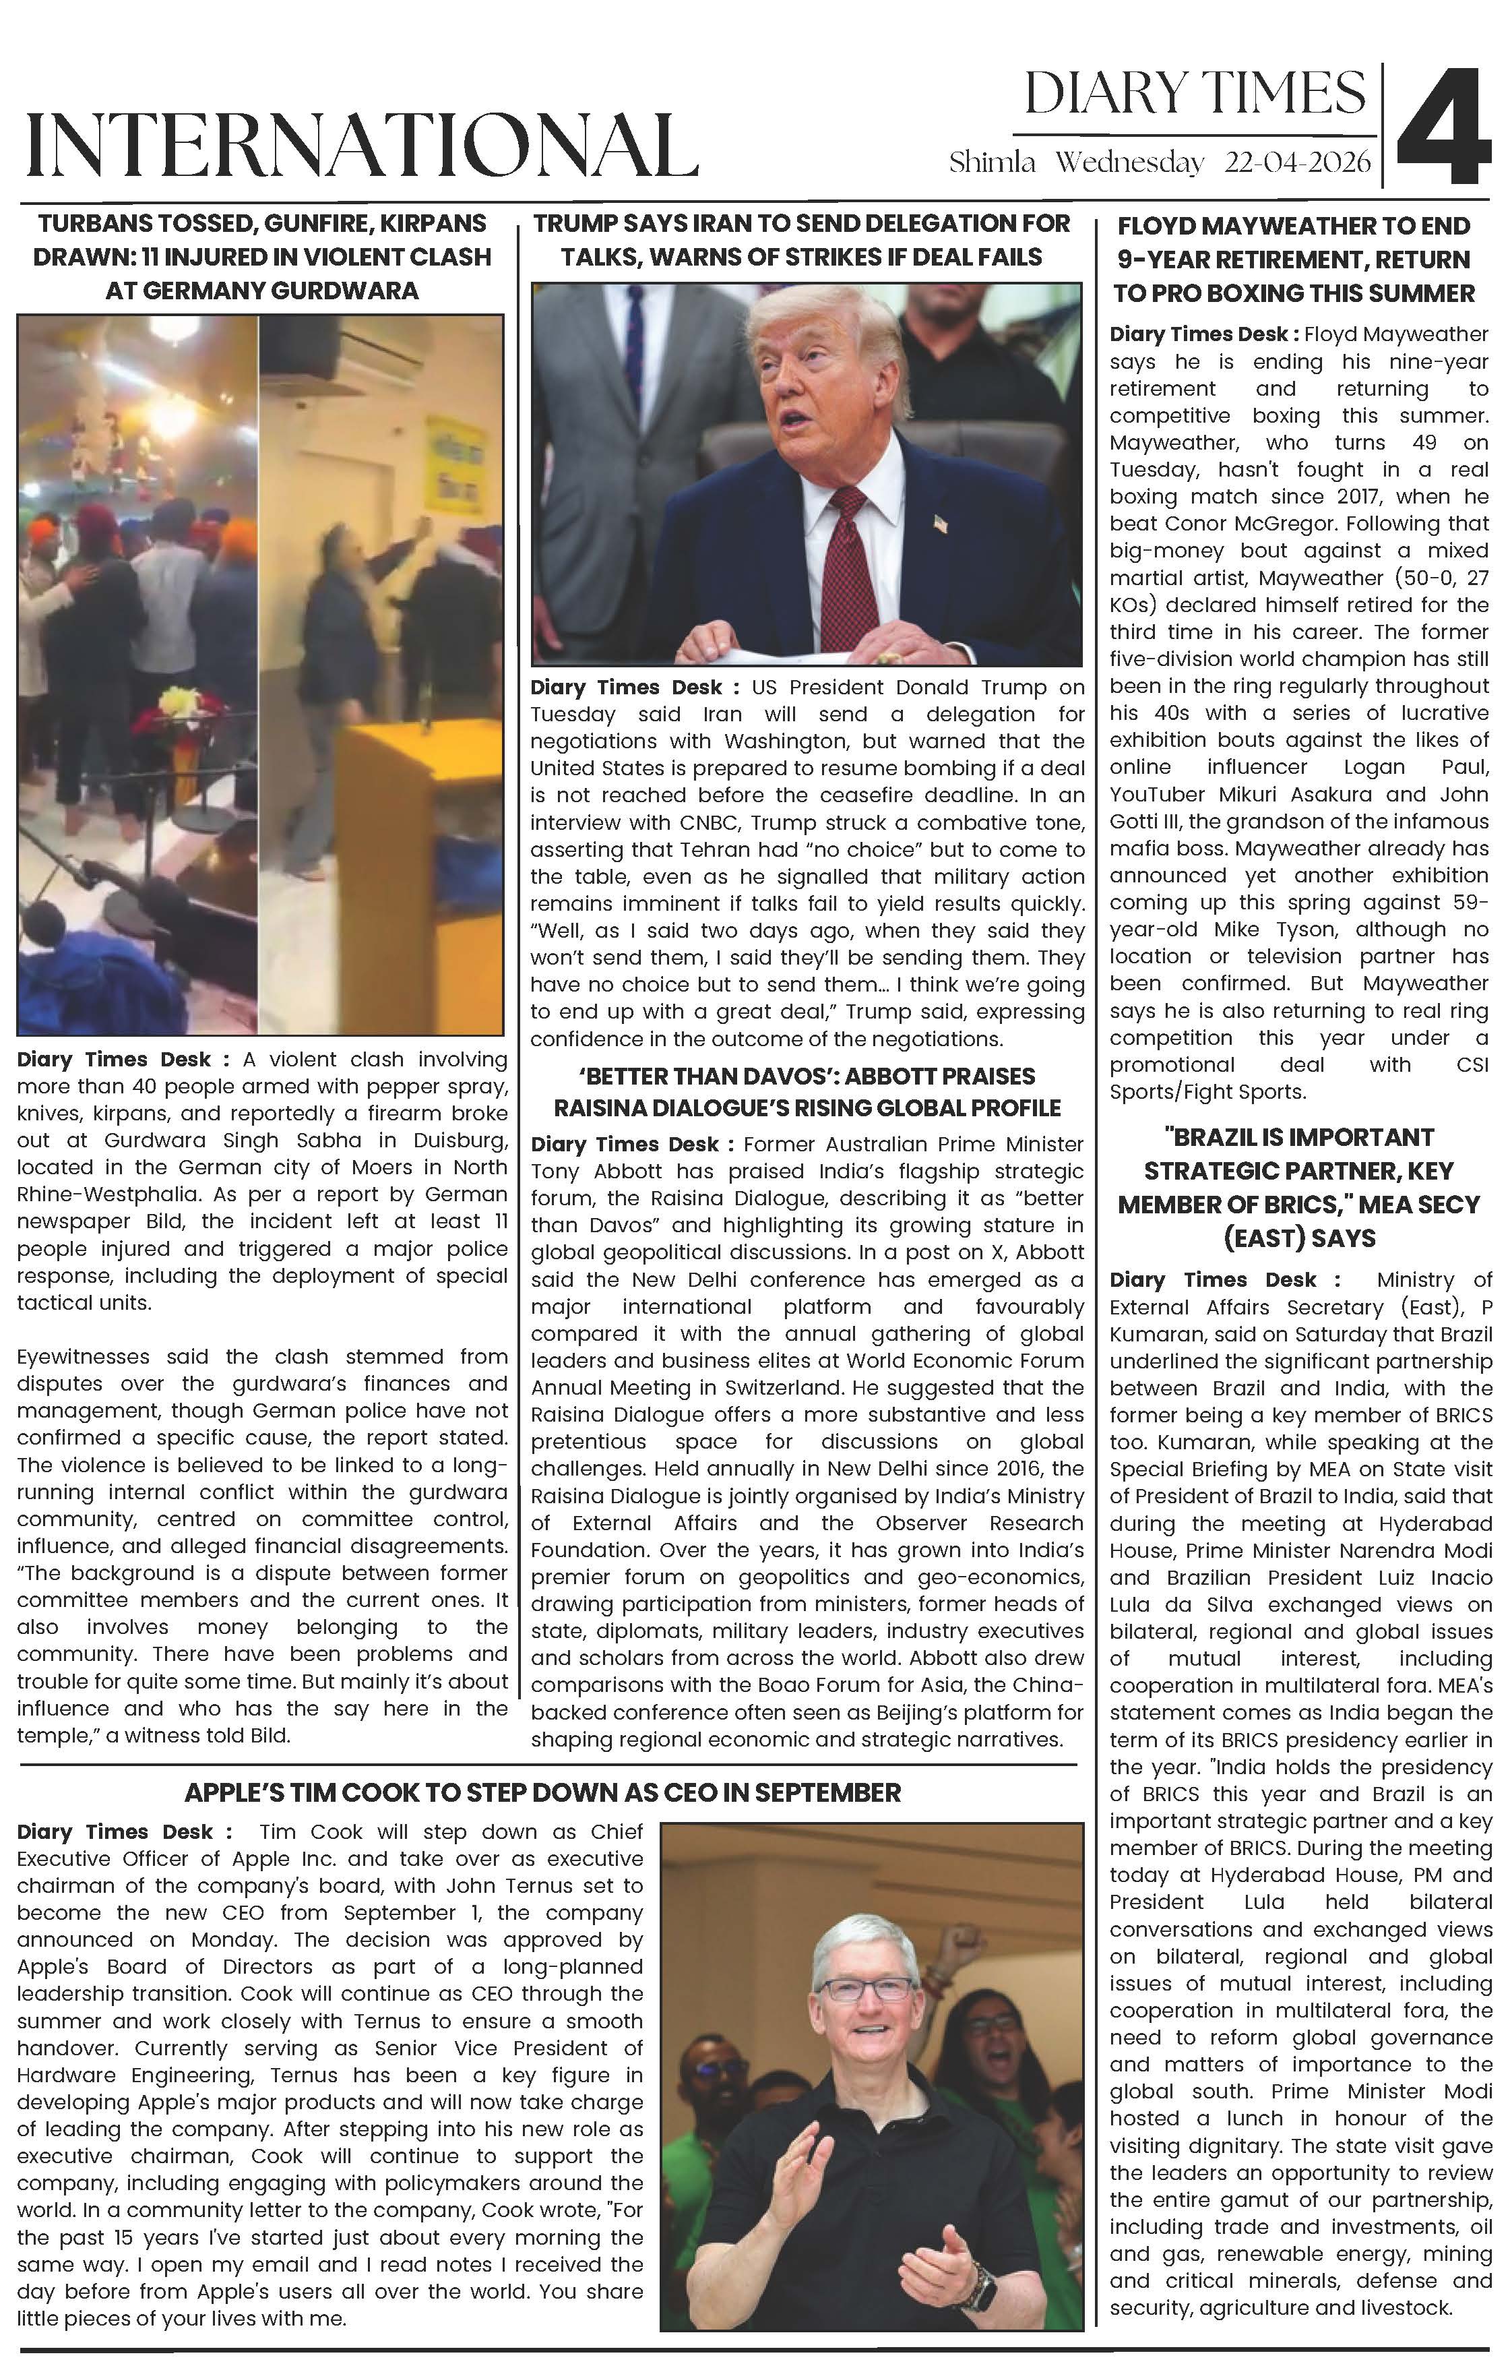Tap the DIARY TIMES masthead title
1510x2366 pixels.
tap(1194, 94)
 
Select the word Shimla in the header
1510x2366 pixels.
tap(993, 163)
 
